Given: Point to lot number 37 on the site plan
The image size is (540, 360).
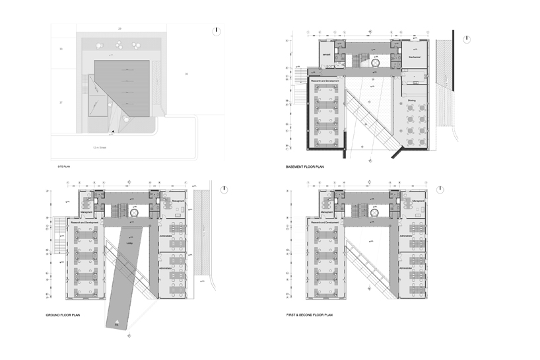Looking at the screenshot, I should click(61, 103).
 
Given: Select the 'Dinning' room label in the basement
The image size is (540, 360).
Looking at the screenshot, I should click(411, 100).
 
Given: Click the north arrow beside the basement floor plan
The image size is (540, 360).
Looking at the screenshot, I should click(466, 38).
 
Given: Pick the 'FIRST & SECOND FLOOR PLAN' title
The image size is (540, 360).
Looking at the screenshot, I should click(310, 316).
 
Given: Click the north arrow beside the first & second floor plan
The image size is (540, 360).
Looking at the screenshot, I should click(465, 188).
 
